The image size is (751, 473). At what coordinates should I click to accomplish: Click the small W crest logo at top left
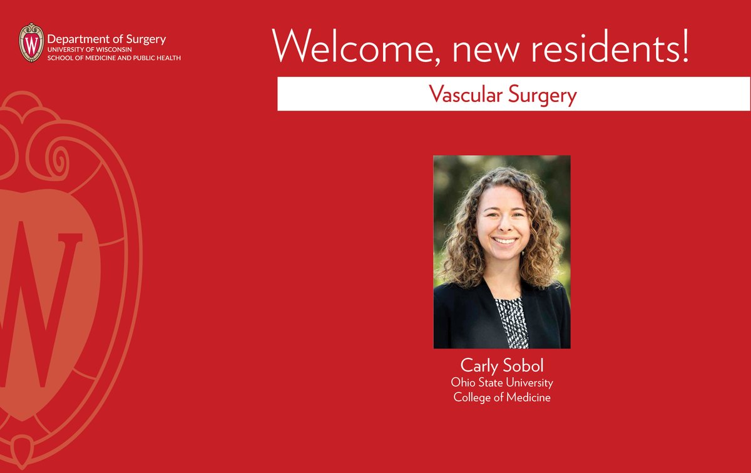[32, 43]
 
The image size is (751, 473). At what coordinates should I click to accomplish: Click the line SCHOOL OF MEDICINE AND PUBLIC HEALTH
[113, 58]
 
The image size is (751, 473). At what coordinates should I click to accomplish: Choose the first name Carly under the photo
[479, 366]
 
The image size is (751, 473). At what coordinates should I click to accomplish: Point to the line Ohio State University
[502, 382]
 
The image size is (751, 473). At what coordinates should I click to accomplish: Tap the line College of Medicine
[502, 397]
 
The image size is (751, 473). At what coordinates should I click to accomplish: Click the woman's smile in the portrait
[504, 240]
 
